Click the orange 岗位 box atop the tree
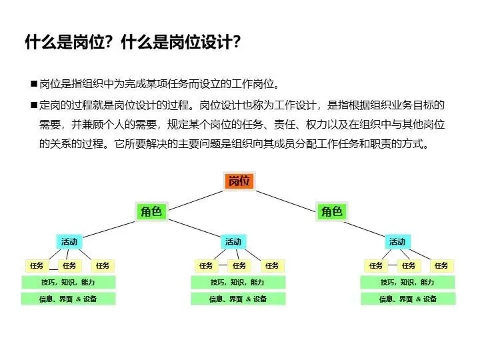(239, 181)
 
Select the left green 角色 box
(151, 211)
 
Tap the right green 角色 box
(331, 211)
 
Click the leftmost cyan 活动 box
(69, 241)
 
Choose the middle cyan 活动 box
(233, 241)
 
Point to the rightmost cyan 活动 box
(397, 241)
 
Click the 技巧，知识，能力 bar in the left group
(69, 282)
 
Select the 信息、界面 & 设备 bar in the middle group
(238, 299)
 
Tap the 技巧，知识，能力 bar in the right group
(407, 282)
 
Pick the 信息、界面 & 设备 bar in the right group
(407, 299)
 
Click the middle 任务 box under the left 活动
(70, 265)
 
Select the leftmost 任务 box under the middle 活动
(205, 265)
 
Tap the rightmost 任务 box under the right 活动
(441, 265)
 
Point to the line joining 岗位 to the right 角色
(287, 198)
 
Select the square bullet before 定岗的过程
(33, 105)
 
